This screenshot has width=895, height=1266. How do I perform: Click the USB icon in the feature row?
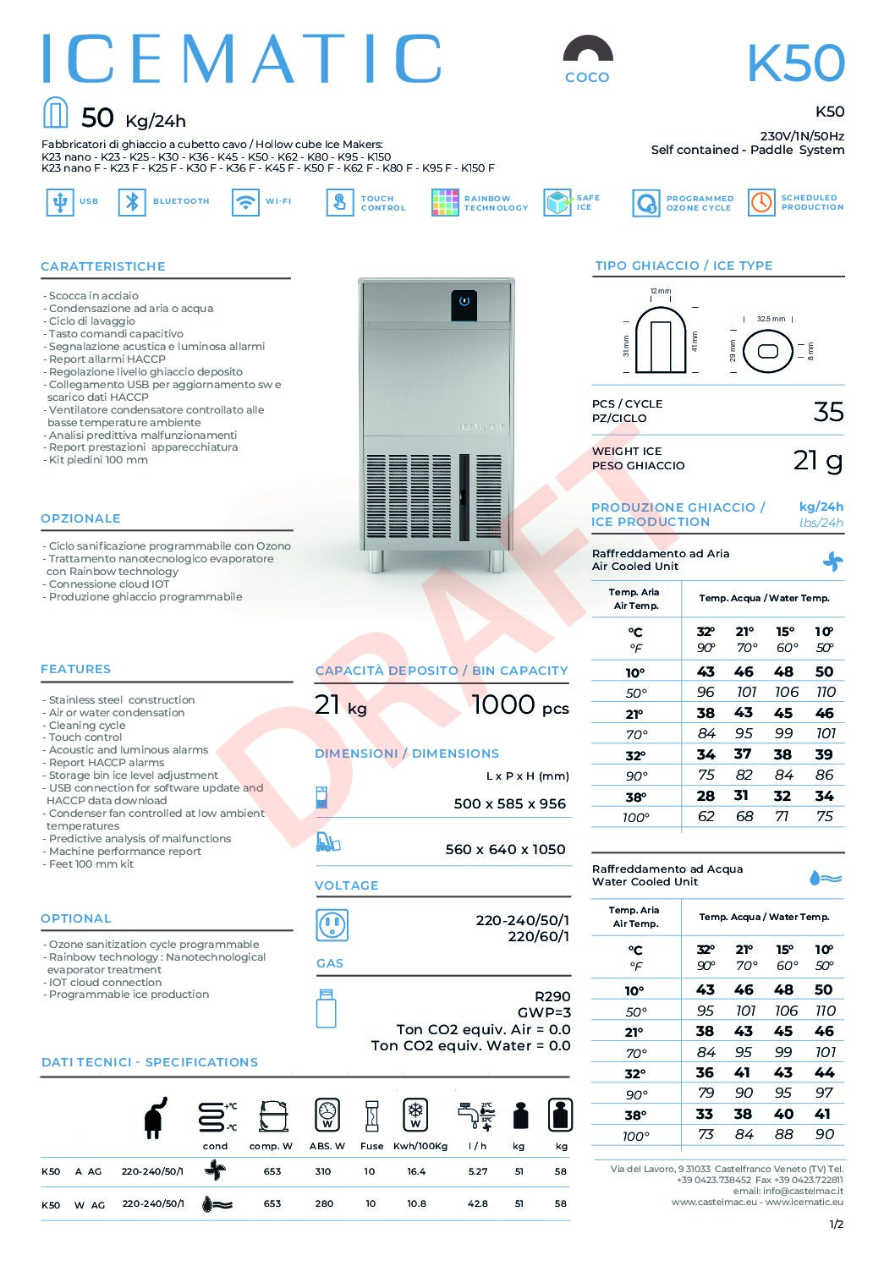tap(59, 203)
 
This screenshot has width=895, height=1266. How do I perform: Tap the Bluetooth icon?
tap(132, 203)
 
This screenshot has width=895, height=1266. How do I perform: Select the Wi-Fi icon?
tap(245, 203)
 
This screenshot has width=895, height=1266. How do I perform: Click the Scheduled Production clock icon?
tap(761, 203)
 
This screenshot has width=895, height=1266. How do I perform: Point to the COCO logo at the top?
tap(587, 59)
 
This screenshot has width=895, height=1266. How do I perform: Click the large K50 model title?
tap(795, 63)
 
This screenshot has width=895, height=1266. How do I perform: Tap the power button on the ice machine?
tap(464, 301)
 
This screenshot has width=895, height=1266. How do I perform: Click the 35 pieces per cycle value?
tap(828, 412)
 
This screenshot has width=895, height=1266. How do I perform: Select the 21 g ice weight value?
tap(818, 460)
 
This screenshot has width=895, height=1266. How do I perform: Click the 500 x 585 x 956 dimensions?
tap(509, 804)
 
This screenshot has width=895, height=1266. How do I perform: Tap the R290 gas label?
tap(552, 996)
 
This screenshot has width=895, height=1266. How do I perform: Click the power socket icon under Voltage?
tap(332, 925)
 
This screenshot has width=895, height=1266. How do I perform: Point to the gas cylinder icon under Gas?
tap(327, 1008)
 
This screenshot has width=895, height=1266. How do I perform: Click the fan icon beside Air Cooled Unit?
tap(832, 561)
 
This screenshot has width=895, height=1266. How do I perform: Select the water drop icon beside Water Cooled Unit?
tap(826, 878)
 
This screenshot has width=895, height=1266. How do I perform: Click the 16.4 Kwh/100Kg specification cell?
tap(416, 1172)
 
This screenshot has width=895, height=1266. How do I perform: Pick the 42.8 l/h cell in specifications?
tap(477, 1204)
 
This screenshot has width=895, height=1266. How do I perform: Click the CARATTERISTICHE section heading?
tap(103, 266)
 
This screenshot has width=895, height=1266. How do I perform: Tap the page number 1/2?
tap(836, 1224)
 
